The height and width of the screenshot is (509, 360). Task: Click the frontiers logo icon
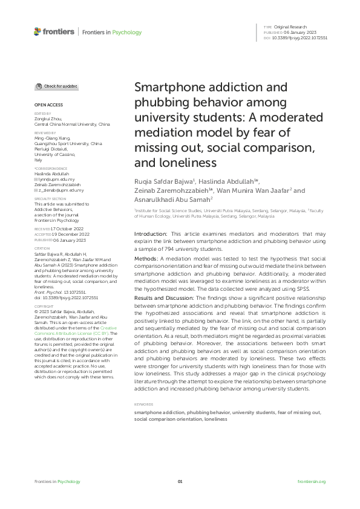(x=38, y=31)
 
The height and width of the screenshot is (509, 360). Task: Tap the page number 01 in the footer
(x=180, y=481)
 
